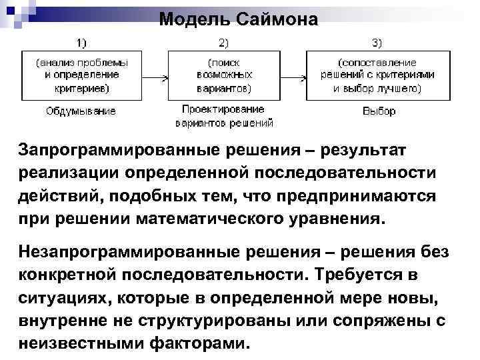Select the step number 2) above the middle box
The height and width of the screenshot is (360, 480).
click(224, 43)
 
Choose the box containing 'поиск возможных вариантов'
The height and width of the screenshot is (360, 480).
click(224, 75)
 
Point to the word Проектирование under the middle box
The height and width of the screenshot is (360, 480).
click(223, 109)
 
